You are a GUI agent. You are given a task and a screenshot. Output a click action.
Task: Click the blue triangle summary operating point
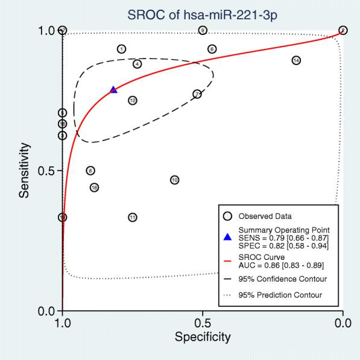pos(113,90)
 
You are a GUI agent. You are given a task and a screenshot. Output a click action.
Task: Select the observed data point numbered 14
pos(296,60)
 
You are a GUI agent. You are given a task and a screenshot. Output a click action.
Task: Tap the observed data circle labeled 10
pos(174,180)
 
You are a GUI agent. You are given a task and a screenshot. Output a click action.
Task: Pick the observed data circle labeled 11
pos(133,217)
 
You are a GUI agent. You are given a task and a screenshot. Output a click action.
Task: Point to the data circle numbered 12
pos(133,100)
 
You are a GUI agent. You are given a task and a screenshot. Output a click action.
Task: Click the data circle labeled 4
pos(137,64)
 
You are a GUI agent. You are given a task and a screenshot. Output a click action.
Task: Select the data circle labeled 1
pos(122,49)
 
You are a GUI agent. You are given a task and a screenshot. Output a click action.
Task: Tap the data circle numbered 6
pos(212,49)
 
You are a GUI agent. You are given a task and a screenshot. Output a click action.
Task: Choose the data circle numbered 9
pos(203,30)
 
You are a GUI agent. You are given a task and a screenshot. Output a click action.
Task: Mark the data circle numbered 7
pos(197,93)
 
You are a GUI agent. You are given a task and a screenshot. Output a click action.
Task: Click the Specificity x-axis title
pos(202,337)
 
